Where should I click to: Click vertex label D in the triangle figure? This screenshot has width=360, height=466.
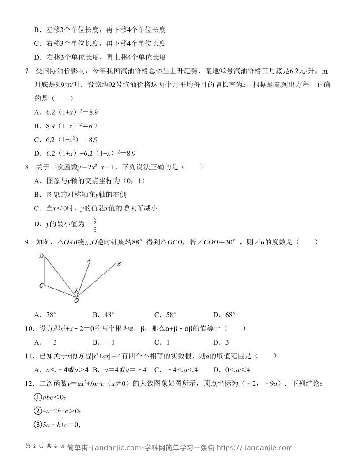41,256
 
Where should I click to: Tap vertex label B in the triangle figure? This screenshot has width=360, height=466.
119,264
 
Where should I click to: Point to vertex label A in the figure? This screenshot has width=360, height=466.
89,260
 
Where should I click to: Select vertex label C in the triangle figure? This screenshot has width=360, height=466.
41,286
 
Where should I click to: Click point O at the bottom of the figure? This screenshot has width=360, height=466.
76,301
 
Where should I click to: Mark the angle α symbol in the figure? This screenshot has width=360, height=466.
76,290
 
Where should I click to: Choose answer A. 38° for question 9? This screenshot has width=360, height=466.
46,315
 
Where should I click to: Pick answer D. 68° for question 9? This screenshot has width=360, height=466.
224,315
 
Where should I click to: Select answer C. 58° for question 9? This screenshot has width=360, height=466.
165,315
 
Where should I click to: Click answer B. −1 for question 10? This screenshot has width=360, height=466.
104,342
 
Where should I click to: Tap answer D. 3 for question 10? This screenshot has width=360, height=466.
221,342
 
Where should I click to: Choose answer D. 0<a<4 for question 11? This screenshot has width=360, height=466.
232,370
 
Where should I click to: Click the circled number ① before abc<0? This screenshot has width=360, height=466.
38,397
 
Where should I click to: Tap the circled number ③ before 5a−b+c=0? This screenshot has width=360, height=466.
38,425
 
